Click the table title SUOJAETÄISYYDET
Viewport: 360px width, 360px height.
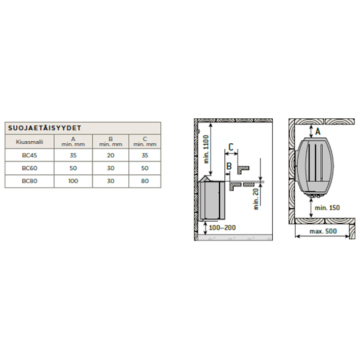(x=45, y=128)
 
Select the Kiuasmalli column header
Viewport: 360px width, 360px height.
(x=30, y=142)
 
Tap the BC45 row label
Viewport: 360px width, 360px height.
(x=30, y=155)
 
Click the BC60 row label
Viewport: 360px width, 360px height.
(x=30, y=168)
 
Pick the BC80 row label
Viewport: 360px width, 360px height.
(x=30, y=181)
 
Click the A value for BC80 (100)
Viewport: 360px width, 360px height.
(x=73, y=181)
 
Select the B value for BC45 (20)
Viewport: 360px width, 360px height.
(x=111, y=155)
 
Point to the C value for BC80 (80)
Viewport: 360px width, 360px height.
(x=145, y=181)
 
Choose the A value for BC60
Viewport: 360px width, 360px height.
(x=73, y=168)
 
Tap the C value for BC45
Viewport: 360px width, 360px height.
(x=145, y=155)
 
